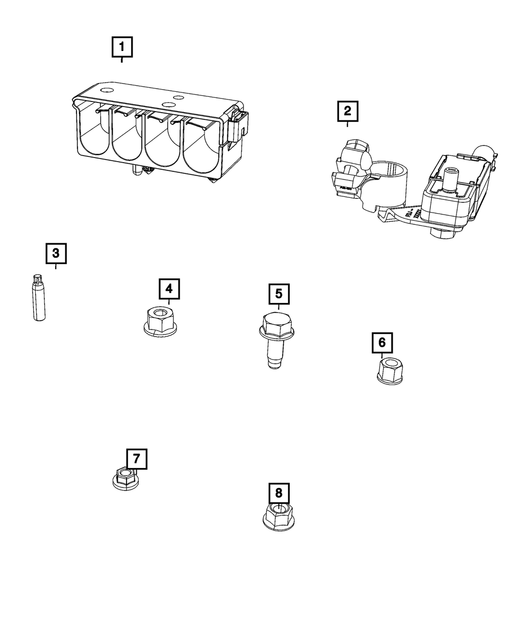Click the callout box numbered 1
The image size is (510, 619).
121,48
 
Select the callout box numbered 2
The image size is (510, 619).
347,111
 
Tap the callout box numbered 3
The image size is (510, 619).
56,252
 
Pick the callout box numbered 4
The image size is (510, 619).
169,289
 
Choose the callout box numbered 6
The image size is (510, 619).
382,342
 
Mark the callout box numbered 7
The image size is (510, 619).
136,458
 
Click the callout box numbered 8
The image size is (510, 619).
278,493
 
